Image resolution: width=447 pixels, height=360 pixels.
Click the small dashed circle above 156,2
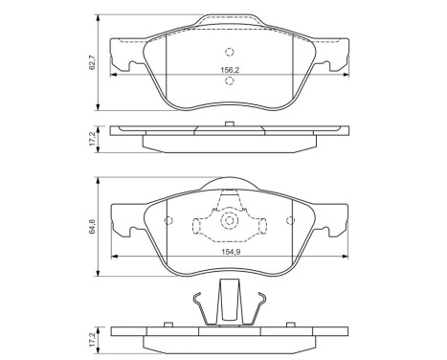228,53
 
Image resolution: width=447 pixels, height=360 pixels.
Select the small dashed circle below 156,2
228,80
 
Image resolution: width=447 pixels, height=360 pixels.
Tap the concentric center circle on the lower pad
229,223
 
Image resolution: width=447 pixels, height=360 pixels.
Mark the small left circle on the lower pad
169,223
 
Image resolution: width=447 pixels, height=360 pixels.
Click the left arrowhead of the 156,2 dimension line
116,74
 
